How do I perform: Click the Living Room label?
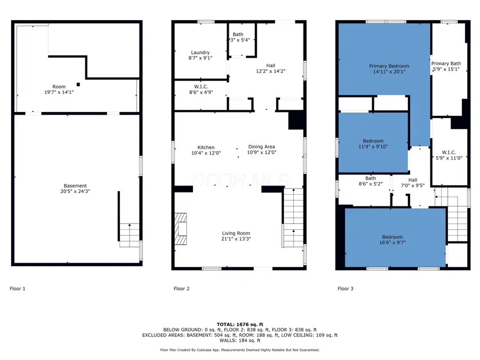click(x=236, y=233)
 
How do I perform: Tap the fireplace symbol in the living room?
click(x=181, y=228)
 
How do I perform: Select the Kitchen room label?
click(x=206, y=147)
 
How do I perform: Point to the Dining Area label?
click(x=261, y=147)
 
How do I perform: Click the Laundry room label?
click(x=200, y=52)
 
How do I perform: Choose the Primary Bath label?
click(x=446, y=63)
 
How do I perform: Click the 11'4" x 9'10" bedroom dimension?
click(x=373, y=147)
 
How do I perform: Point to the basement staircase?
click(x=130, y=235)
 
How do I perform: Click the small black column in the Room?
click(x=78, y=84)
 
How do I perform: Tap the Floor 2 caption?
click(x=181, y=289)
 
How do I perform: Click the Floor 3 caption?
click(x=345, y=289)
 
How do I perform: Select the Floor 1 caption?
click(x=18, y=289)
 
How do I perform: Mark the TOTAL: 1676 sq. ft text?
click(x=240, y=324)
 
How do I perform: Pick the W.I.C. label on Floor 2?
click(x=201, y=87)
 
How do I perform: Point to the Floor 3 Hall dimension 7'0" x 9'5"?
click(x=413, y=186)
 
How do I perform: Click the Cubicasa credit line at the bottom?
click(x=240, y=350)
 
